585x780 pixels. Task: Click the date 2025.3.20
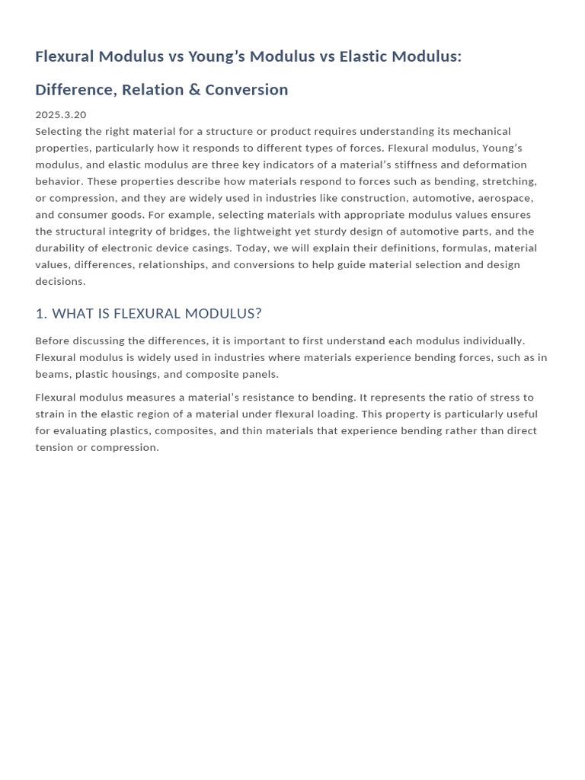[x=61, y=114]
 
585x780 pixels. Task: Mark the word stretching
[x=507, y=181]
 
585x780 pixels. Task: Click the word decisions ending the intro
[x=60, y=281]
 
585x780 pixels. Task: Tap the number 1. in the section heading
[x=41, y=314]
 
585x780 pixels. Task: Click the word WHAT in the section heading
[x=73, y=314]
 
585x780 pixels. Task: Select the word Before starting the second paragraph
[x=53, y=340]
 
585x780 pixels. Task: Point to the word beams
[x=52, y=374]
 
